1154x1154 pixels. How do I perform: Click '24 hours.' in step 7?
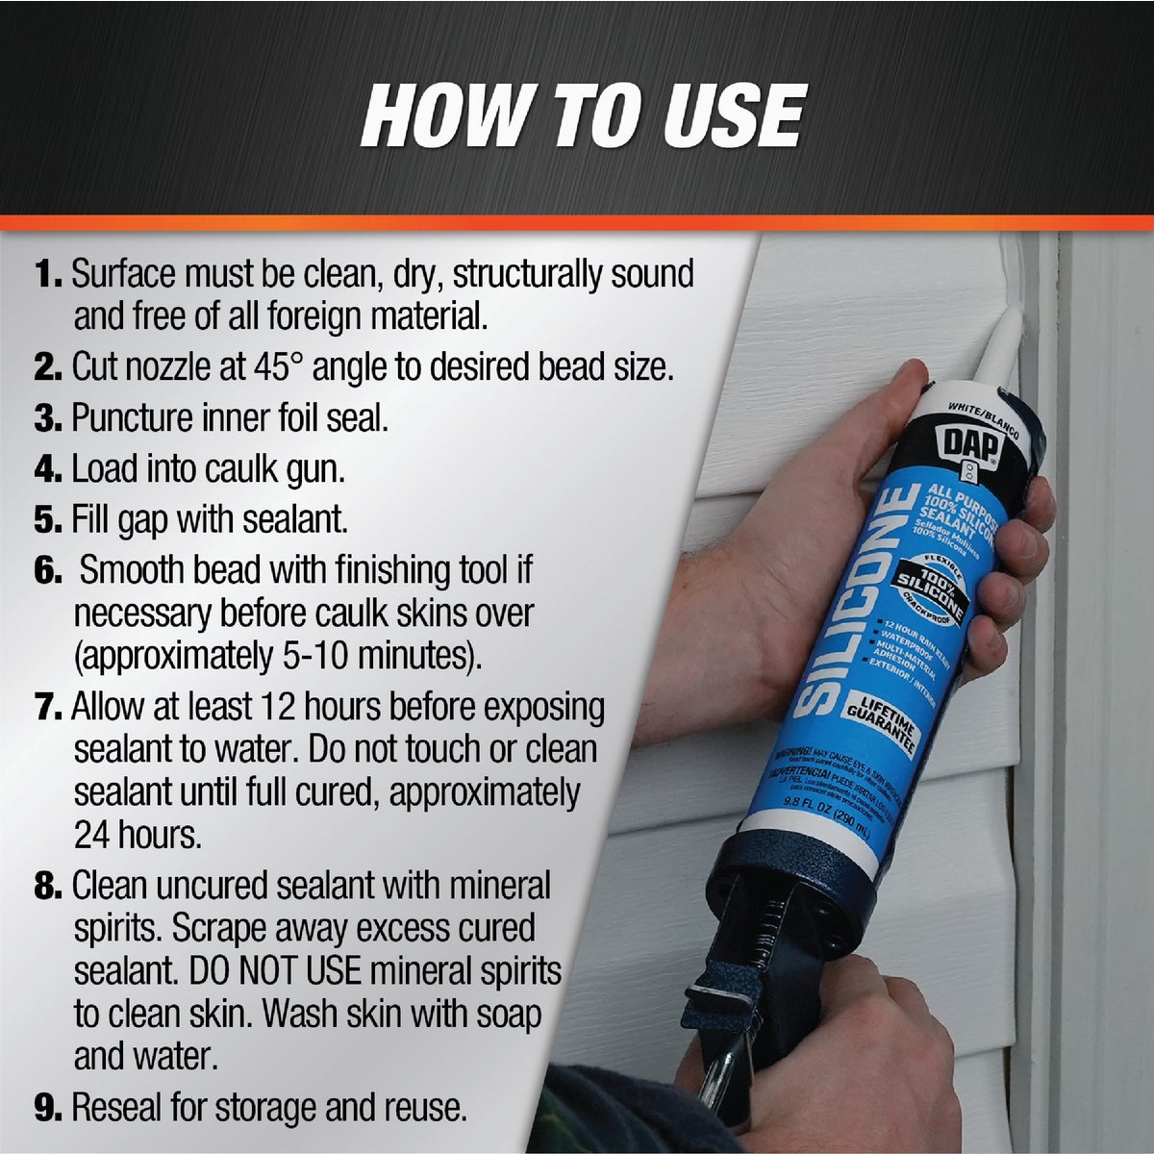pos(138,835)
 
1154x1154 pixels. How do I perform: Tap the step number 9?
pos(48,1108)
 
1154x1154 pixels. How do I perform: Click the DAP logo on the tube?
pos(972,446)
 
